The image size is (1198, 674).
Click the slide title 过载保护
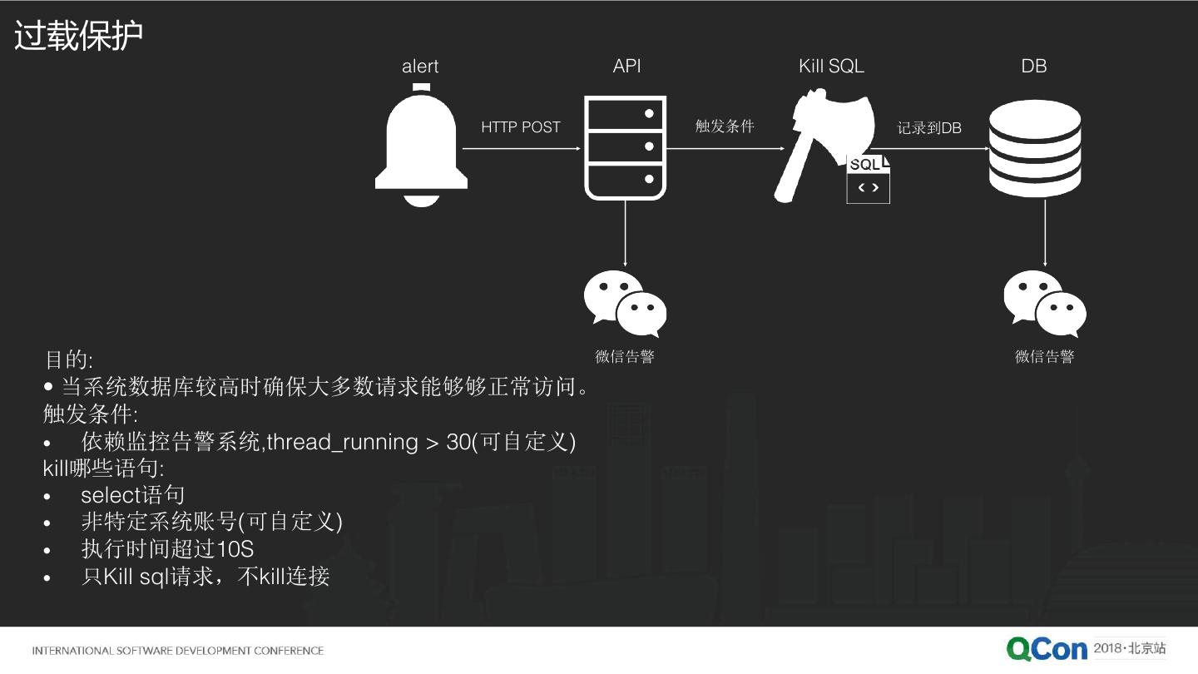coord(79,36)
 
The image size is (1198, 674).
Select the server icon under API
coord(625,146)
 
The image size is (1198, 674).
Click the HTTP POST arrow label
coord(521,127)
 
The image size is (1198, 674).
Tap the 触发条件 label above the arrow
coord(725,126)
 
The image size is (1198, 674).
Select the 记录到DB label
coord(929,128)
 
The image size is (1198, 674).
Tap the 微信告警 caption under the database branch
coord(1044,357)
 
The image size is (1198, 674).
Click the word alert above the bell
coord(420,67)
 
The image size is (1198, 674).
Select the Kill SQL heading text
coord(831,67)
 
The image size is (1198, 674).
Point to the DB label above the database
coord(1034,67)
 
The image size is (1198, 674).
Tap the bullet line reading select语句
coord(132,495)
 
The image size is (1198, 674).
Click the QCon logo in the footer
coord(1047,649)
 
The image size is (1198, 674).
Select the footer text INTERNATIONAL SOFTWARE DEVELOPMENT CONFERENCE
coord(177,651)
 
